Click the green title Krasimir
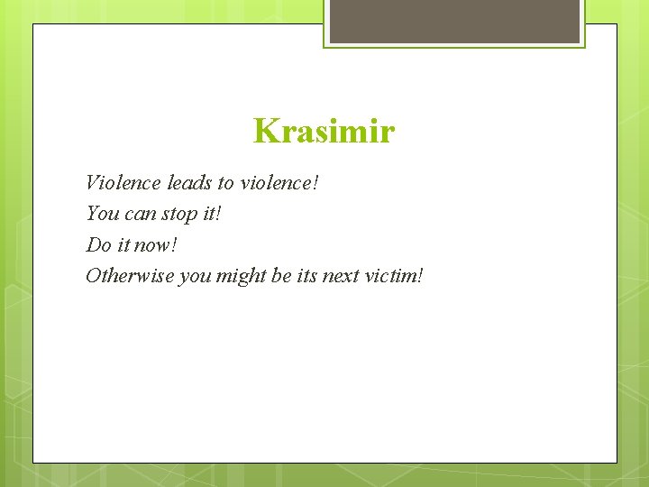324,132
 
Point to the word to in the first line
225,183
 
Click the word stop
180,215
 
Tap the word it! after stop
213,214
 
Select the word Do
97,244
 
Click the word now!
152,244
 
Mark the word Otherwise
129,275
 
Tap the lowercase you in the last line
194,276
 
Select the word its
306,275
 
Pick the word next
341,275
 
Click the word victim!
394,275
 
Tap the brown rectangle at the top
454,21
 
